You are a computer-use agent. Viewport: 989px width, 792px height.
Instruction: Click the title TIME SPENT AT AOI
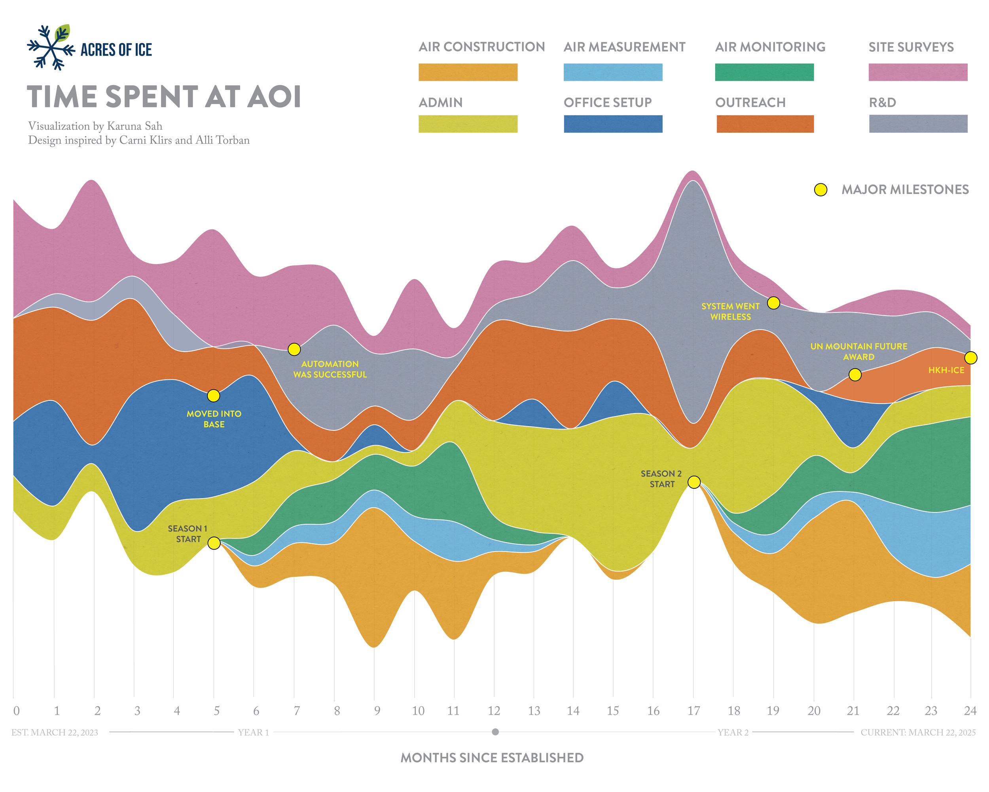164,97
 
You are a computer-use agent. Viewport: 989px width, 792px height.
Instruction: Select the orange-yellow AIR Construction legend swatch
468,72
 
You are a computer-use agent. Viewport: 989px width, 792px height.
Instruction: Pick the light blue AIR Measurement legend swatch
612,72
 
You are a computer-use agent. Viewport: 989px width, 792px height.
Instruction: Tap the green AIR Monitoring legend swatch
764,72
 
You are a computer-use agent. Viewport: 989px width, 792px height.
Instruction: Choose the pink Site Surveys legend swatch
917,72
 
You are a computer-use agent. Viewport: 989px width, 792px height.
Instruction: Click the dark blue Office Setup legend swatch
612,124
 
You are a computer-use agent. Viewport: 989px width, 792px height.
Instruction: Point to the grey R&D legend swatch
917,124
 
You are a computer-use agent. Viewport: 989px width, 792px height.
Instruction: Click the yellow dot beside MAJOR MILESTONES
820,190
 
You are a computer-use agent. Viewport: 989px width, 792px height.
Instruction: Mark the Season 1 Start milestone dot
214,543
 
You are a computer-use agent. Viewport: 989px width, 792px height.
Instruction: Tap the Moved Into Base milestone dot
213,395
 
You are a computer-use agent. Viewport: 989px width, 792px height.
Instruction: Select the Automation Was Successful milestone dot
294,349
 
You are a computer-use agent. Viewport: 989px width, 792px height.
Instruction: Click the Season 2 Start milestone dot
693,482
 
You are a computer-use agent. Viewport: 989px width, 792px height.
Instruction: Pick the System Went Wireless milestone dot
773,303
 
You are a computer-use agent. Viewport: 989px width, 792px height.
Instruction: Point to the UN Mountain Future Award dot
854,375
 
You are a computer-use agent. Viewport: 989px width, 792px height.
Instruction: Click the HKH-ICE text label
946,370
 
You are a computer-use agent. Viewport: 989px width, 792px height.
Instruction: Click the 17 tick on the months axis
693,711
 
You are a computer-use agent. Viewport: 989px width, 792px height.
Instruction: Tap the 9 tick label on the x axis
377,711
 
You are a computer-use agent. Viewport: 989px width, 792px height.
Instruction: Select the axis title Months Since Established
492,758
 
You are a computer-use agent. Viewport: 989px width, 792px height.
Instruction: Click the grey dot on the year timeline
495,732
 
